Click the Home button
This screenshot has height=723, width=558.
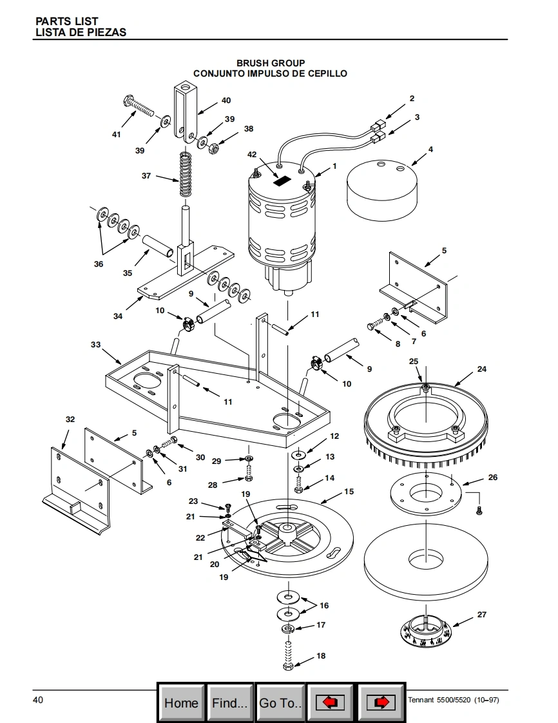(181, 703)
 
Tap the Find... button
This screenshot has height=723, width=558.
(229, 703)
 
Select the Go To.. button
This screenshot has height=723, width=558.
(280, 703)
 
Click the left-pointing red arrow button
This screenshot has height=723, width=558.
(330, 703)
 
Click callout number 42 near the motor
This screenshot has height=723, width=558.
(252, 155)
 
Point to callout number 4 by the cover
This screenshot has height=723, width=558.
(430, 149)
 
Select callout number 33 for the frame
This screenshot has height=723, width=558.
(95, 345)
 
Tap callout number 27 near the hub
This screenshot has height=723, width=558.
(482, 614)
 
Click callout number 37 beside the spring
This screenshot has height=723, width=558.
(146, 176)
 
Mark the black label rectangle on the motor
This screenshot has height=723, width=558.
(282, 180)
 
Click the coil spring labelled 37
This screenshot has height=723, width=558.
(186, 174)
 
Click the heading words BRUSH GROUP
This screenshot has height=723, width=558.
(271, 63)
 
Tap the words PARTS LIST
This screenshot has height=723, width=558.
(67, 21)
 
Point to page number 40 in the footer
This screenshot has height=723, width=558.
(38, 700)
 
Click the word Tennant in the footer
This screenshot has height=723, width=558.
(421, 700)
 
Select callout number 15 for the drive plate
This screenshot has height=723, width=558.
(349, 492)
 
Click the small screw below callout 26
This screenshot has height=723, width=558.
(479, 510)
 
